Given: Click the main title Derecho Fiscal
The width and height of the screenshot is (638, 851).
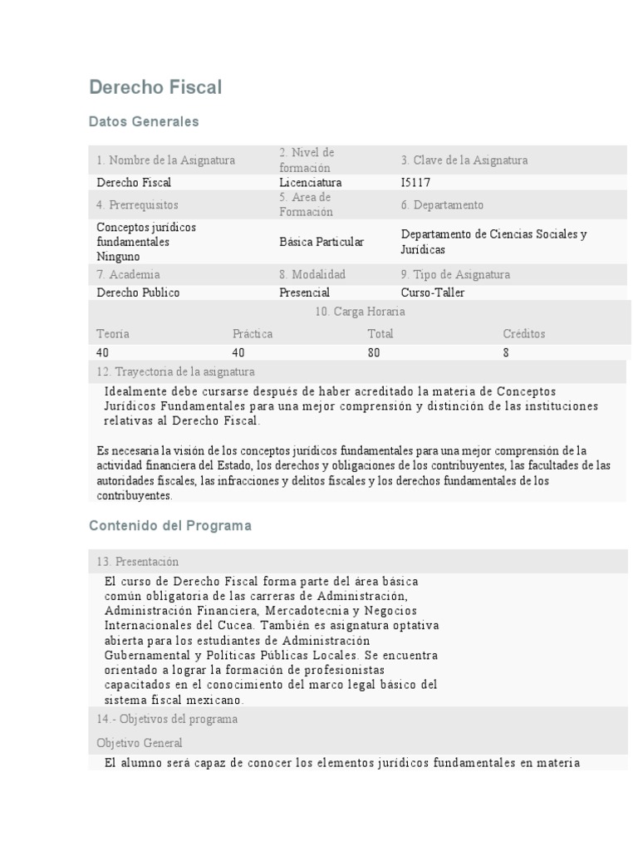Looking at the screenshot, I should click(155, 87).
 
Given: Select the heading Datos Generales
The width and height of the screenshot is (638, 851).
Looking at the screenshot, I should click(144, 121).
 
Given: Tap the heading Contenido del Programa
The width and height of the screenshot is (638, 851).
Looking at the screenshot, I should click(169, 526).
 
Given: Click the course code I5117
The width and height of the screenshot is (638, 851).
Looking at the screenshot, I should click(415, 182).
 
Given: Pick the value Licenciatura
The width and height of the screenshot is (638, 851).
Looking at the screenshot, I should click(311, 182).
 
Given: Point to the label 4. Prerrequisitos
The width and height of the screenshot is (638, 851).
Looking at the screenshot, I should click(137, 204).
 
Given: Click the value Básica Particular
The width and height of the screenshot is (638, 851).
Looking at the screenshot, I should click(321, 242).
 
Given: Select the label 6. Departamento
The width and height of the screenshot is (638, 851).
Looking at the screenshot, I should click(442, 204).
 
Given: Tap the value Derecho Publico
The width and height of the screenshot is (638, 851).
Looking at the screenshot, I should click(138, 293).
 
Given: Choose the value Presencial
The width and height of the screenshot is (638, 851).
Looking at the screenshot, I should click(304, 293).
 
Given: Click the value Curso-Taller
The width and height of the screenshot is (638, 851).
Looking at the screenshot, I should click(433, 293).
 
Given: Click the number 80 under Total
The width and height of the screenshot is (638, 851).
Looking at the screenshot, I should click(374, 352).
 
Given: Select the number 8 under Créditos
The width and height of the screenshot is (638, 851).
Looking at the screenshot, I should click(506, 352).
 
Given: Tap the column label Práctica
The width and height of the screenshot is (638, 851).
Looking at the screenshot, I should click(253, 333).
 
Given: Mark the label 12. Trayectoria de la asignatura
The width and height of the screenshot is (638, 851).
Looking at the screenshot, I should click(175, 371).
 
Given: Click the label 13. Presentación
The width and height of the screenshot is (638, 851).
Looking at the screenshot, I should click(137, 562).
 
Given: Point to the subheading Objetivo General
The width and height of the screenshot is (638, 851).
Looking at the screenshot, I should click(140, 743).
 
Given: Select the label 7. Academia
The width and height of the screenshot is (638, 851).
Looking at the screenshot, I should click(128, 274).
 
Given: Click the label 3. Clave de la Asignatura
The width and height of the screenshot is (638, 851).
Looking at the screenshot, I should click(464, 160).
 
